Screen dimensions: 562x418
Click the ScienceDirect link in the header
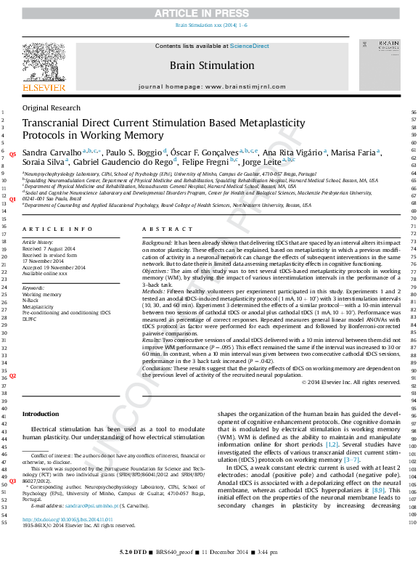click(249, 46)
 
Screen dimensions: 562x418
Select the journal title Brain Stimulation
click(212, 65)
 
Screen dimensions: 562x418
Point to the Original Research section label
click(52, 107)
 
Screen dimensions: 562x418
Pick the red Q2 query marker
click(12, 376)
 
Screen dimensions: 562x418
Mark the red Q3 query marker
click(12, 481)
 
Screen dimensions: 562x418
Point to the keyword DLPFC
click(31, 319)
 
